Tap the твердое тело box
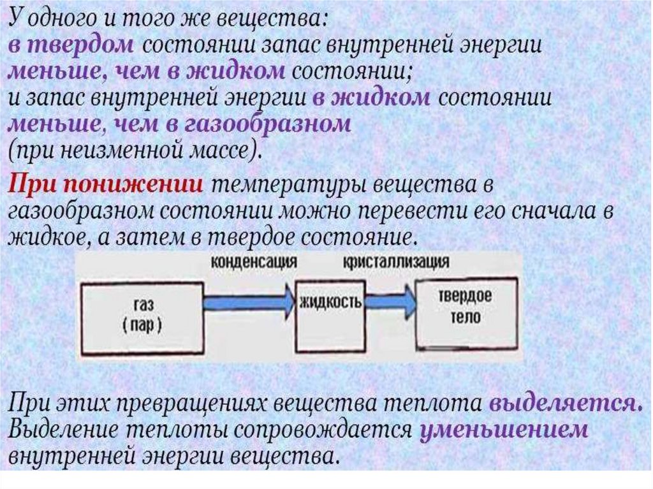(465, 309)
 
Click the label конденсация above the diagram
(254, 263)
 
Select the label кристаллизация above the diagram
(395, 263)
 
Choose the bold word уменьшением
(503, 429)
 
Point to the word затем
(131, 238)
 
